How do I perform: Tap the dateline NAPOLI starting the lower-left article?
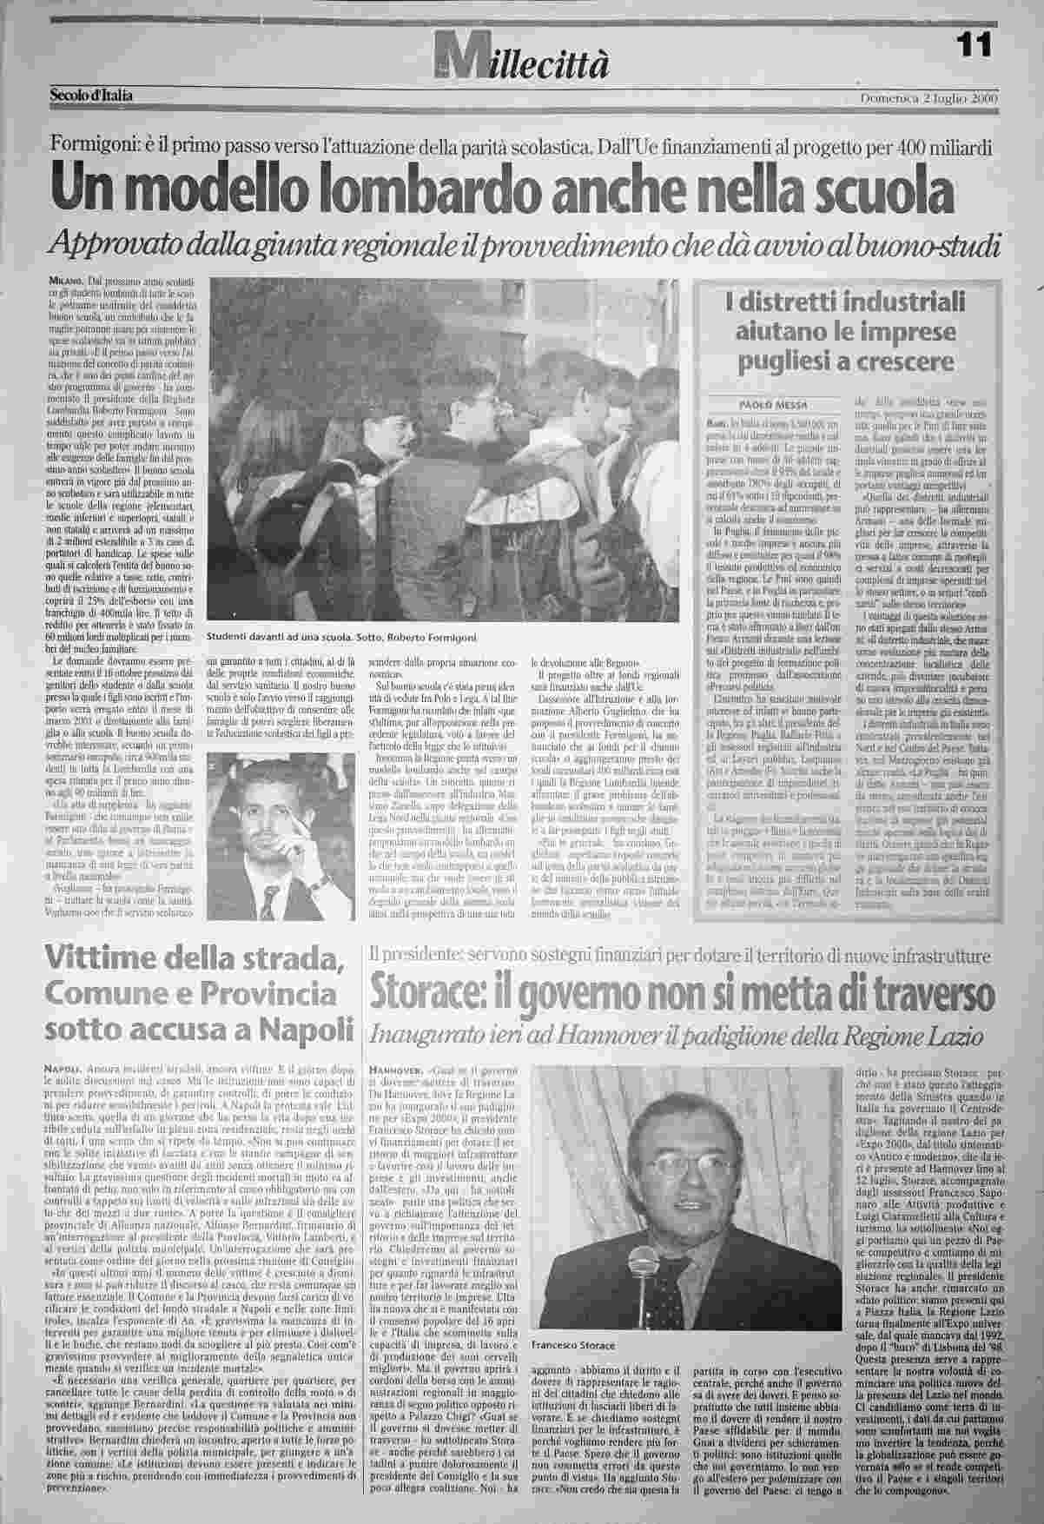61,1067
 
